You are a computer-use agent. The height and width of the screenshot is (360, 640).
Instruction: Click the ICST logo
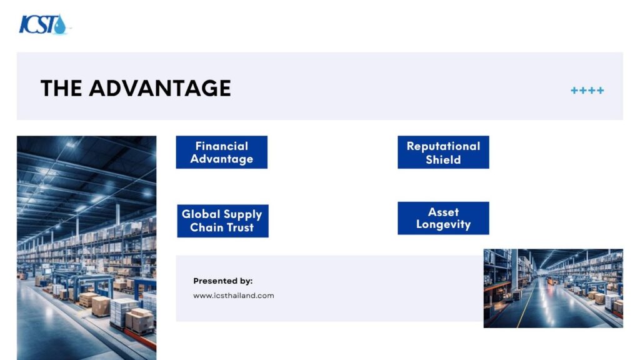tap(43, 24)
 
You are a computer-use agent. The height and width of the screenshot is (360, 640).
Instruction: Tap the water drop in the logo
tap(60, 25)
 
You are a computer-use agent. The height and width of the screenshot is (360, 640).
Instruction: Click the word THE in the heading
tap(61, 88)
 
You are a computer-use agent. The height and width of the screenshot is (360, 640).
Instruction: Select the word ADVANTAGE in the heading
tap(160, 88)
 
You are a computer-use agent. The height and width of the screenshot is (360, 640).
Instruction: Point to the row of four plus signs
tap(587, 90)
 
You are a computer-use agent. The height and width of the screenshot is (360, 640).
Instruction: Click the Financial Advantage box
tap(222, 152)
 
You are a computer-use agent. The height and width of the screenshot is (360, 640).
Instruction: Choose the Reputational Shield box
tap(443, 152)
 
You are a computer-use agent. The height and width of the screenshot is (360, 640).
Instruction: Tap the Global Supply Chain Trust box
tap(223, 221)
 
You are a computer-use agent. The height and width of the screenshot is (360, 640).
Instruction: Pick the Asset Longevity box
tap(443, 218)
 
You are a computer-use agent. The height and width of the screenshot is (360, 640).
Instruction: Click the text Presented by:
tap(223, 281)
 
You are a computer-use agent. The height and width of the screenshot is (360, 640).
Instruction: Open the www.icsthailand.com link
tap(234, 296)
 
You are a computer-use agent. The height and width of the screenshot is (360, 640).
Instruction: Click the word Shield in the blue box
tap(443, 159)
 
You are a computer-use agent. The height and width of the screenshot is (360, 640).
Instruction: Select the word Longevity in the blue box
tap(443, 224)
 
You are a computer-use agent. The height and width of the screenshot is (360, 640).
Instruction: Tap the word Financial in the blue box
tap(222, 146)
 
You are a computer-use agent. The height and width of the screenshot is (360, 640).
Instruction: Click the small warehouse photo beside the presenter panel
tap(553, 288)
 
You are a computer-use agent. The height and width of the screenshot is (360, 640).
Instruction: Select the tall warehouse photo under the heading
tap(86, 247)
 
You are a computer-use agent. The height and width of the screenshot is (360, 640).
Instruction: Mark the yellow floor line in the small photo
tap(525, 302)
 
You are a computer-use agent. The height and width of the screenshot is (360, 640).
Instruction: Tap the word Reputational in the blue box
tap(443, 146)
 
